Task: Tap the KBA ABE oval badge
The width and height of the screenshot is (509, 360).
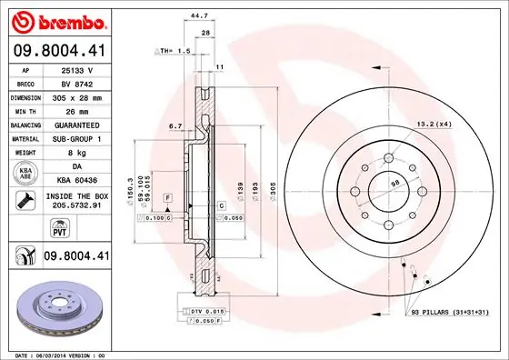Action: click(25, 174)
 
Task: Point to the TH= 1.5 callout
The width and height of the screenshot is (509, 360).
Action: click(173, 51)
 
